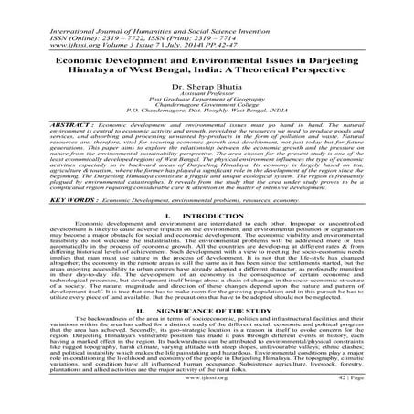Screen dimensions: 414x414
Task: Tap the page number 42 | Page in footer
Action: (380, 401)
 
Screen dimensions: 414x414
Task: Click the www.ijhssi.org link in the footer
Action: (207, 401)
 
